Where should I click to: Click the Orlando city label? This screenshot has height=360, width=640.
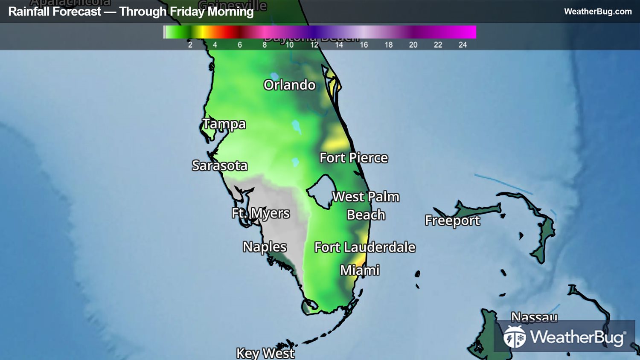[x=289, y=85]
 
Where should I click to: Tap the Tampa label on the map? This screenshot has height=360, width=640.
[x=224, y=124]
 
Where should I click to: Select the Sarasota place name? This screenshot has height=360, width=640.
[x=220, y=165]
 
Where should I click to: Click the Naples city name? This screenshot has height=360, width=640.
[x=265, y=247]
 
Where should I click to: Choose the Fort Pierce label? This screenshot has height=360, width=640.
[x=354, y=158]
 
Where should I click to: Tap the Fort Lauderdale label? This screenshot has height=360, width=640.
[x=365, y=247]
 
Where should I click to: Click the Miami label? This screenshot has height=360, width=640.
[x=360, y=270]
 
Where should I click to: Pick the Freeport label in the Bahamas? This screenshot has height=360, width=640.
[x=452, y=220]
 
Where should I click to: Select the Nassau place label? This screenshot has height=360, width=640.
[x=534, y=317]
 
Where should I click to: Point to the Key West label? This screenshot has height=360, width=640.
[x=265, y=353]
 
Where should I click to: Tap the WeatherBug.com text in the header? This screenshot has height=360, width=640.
[x=598, y=12]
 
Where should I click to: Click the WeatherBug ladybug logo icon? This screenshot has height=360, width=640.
[x=515, y=337]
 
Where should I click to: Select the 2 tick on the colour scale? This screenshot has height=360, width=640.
[x=190, y=45]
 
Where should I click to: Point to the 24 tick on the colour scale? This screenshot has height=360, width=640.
[x=463, y=45]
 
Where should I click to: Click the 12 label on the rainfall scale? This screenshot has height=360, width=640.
[x=314, y=45]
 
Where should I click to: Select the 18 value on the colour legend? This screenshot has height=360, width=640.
[x=389, y=45]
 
